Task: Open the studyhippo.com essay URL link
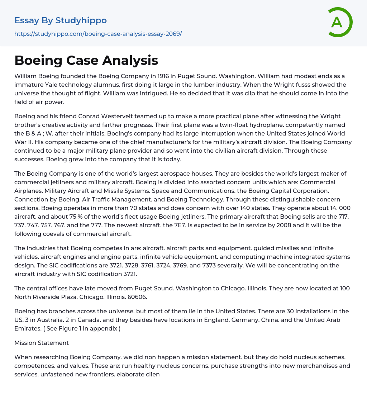click(x=98, y=34)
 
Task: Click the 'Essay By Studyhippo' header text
click(x=61, y=20)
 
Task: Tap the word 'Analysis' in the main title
click(x=130, y=60)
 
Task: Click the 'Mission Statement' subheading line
click(x=42, y=343)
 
